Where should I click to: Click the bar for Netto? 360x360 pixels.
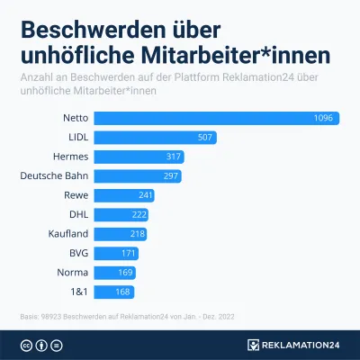216,117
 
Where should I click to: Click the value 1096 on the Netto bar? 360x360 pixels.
323,117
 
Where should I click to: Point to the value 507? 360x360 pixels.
203,137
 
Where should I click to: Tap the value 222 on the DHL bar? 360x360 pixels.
138,214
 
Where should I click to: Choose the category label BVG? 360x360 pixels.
78,254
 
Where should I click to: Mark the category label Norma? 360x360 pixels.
74,273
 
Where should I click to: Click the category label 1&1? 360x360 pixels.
79,292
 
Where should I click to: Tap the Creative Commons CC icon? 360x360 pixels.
27,344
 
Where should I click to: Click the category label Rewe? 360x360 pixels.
76,195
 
